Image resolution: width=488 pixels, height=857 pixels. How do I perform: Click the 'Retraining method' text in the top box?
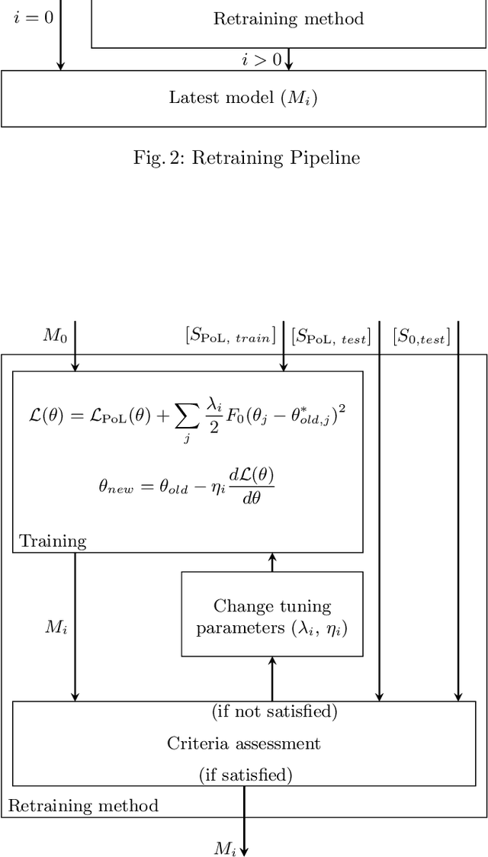tap(287, 18)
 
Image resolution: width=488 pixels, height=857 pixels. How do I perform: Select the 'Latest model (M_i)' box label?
tap(242, 98)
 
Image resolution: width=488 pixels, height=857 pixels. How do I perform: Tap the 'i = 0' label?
tap(34, 18)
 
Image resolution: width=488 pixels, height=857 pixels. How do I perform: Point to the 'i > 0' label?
tap(262, 59)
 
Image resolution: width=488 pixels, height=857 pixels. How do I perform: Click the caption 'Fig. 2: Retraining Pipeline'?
tap(246, 157)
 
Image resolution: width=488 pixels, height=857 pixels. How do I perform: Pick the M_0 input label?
tap(54, 335)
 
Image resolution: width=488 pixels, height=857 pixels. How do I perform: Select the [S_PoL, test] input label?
tap(331, 335)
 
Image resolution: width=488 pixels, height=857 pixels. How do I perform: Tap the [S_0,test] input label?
tap(421, 335)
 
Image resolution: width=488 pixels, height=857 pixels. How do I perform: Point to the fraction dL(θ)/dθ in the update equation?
tap(252, 485)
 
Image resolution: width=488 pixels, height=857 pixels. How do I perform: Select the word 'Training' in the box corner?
tap(53, 541)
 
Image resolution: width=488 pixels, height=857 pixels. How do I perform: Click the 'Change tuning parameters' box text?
tap(271, 617)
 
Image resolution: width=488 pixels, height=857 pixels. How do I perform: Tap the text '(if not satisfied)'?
tap(274, 711)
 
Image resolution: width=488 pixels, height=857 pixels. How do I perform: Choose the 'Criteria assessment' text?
tap(244, 743)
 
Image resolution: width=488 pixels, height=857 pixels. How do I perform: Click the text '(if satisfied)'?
tap(246, 775)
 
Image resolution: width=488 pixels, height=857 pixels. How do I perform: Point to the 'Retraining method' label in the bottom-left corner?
tap(83, 805)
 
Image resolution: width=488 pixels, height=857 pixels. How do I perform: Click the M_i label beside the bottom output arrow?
tap(225, 848)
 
